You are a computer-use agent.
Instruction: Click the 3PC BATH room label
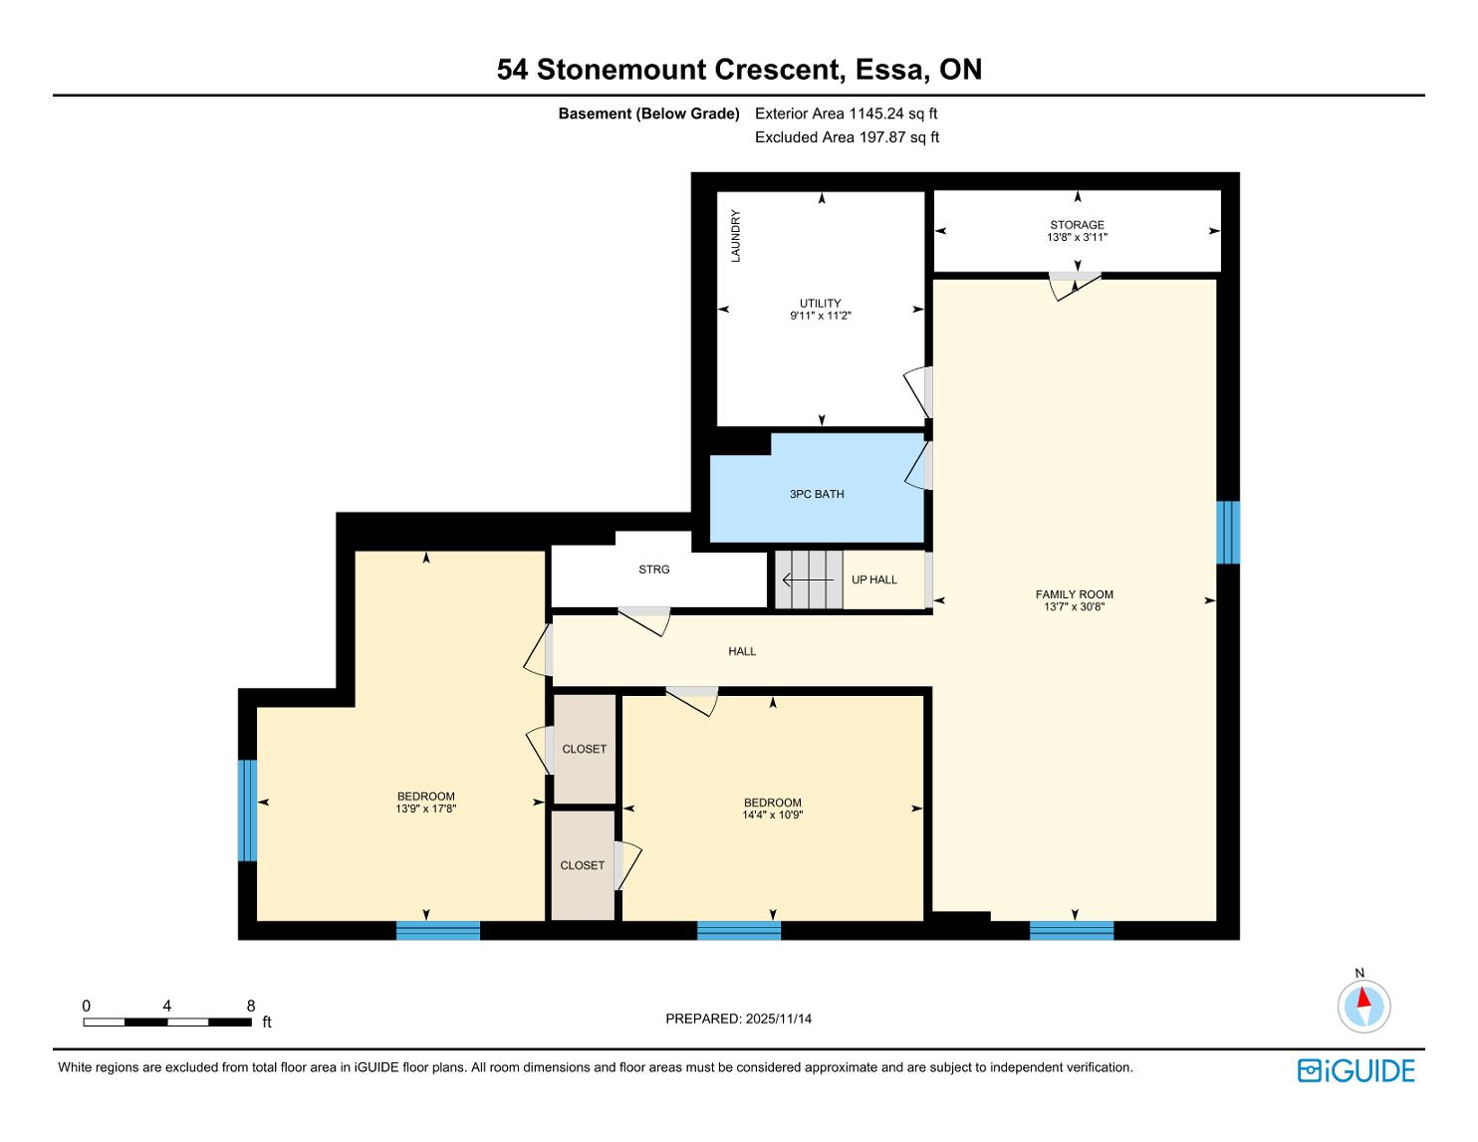[817, 494]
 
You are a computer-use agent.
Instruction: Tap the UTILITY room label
[821, 304]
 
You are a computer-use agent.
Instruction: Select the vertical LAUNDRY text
[735, 236]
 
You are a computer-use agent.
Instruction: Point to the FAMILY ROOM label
[1074, 594]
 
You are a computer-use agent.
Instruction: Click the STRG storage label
[653, 569]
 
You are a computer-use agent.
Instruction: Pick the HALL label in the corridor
[742, 651]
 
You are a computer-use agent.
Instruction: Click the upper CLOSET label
[585, 749]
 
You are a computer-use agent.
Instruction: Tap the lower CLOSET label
[583, 865]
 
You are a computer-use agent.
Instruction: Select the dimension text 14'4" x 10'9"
[773, 814]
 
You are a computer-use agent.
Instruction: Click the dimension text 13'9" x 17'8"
[426, 808]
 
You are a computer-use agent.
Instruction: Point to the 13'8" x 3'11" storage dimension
[1078, 237]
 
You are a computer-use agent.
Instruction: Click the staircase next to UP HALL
[809, 579]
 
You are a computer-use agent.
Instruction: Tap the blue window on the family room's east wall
[1228, 533]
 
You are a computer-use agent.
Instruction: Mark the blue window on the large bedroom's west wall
[248, 810]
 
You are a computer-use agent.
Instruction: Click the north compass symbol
[1363, 1006]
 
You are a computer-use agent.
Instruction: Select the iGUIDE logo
[1356, 1070]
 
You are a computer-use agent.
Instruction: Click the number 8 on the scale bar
[250, 1006]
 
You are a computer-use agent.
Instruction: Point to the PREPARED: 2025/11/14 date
[739, 1019]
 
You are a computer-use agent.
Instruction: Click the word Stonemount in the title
[621, 70]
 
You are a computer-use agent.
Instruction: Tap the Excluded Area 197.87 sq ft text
[847, 137]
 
